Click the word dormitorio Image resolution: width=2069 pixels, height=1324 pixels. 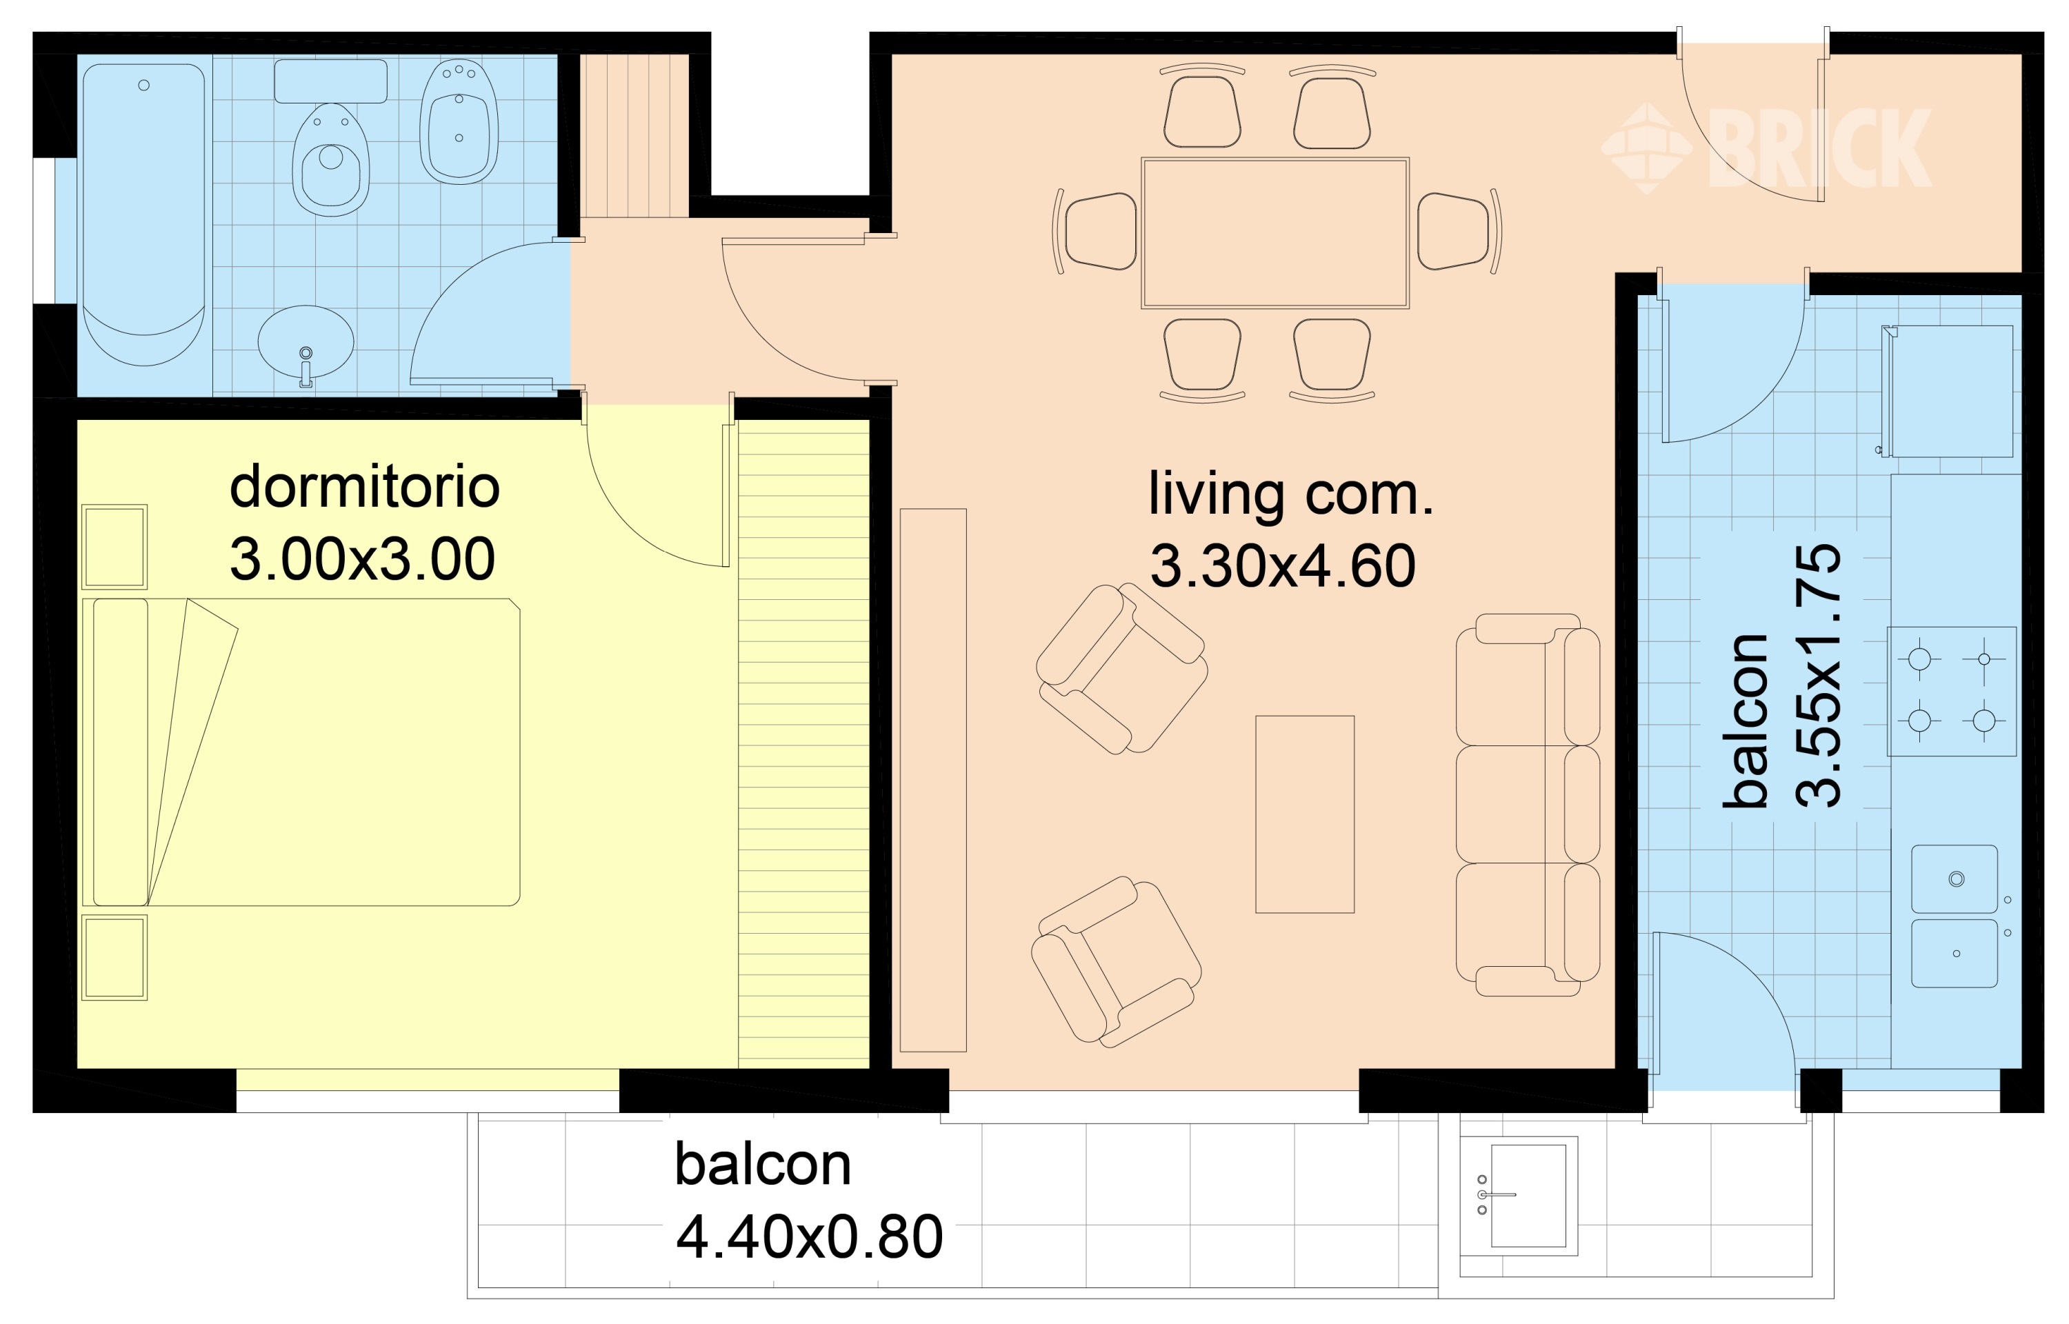(364, 487)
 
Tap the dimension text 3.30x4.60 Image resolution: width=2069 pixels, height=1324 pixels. (1283, 565)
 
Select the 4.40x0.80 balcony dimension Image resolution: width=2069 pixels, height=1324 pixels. (809, 1236)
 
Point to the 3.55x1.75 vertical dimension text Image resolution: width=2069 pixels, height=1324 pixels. (1818, 676)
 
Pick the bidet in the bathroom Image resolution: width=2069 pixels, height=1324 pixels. (459, 121)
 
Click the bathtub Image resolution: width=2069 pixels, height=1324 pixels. (143, 214)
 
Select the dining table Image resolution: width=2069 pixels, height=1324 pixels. (1275, 233)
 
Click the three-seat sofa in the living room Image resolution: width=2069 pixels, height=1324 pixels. (1528, 805)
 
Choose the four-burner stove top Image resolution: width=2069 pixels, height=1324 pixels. (1951, 691)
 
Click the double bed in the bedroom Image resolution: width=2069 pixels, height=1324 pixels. (301, 752)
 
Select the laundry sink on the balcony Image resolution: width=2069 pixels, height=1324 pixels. (1519, 1196)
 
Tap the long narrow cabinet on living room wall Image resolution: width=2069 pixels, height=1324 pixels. (934, 780)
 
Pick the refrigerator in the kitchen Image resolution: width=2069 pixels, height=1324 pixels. (1948, 391)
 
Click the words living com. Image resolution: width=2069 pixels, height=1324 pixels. (1291, 494)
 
